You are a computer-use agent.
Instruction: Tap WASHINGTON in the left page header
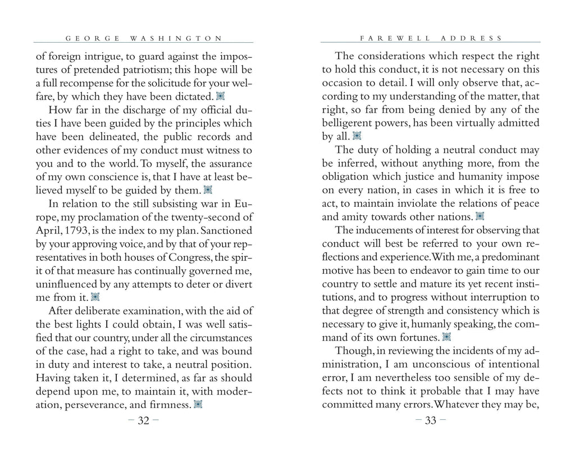pos(176,38)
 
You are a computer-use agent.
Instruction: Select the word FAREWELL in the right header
pos(395,38)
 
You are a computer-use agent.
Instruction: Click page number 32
pos(143,421)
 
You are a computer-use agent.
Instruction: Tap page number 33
pos(431,421)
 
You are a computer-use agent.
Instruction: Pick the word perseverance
pos(101,404)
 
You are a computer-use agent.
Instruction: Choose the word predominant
pos(501,257)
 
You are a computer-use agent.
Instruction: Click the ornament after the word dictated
pos(221,97)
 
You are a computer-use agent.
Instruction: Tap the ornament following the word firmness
pos(198,404)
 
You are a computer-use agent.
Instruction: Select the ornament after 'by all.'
pos(357,136)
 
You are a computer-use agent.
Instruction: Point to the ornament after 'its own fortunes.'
pos(446,337)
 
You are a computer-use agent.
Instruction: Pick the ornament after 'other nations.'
pos(480,216)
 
